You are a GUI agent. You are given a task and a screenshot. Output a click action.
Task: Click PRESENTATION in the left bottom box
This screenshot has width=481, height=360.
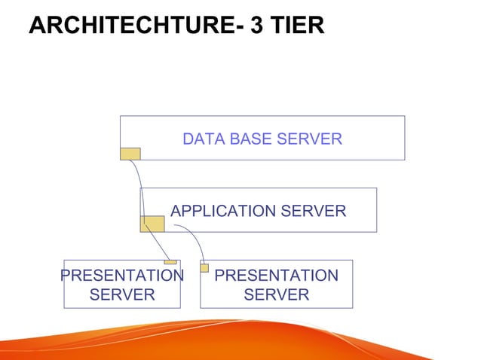pyautogui.click(x=122, y=276)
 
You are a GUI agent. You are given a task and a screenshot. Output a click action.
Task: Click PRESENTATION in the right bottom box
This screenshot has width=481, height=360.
pyautogui.click(x=277, y=276)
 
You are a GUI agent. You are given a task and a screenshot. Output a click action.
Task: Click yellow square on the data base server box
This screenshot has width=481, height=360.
pyautogui.click(x=130, y=154)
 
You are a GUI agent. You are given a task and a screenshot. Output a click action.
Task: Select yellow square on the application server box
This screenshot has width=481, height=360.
pyautogui.click(x=152, y=224)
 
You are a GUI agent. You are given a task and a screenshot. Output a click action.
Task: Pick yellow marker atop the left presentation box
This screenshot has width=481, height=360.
pyautogui.click(x=170, y=262)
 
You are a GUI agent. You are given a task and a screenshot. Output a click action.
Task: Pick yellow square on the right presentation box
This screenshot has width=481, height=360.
pyautogui.click(x=204, y=267)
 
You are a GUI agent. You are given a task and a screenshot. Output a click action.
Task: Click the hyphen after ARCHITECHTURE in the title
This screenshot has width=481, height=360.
pyautogui.click(x=235, y=27)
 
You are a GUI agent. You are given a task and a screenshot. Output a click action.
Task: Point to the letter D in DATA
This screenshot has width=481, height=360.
pyautogui.click(x=188, y=139)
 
